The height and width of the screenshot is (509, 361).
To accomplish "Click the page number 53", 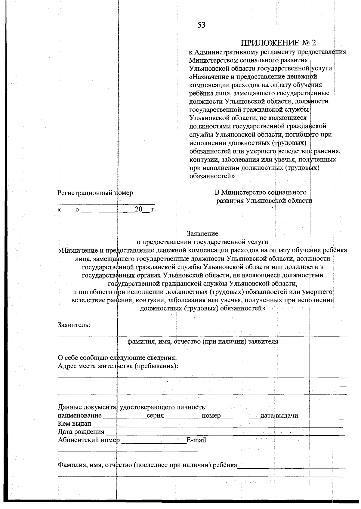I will tap(201, 25).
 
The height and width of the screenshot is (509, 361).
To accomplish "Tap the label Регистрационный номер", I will tap(95, 193).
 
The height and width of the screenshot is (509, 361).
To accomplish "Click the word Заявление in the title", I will tap(202, 233).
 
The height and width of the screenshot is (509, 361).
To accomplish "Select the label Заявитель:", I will tap(74, 325).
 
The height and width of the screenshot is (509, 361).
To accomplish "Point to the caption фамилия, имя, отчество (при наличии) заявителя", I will tap(203, 341).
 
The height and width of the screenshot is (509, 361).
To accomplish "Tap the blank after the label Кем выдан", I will tap(217, 425).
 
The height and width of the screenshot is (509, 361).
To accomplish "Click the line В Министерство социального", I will tap(261, 192).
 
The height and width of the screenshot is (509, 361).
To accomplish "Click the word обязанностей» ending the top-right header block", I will tap(211, 176).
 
